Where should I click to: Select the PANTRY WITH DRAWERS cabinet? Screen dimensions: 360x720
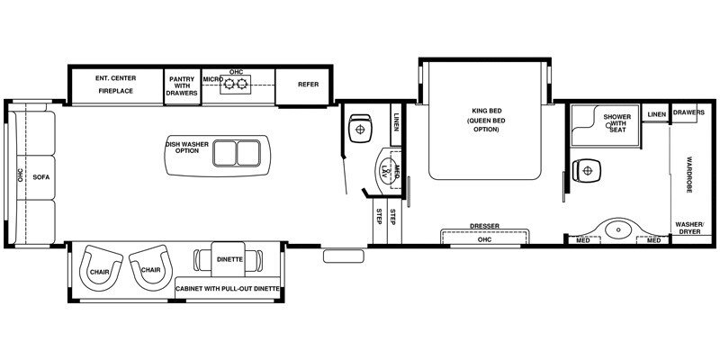tap(182, 85)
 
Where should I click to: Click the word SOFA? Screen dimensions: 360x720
tap(40, 177)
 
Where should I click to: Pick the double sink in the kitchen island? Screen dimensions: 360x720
tap(235, 154)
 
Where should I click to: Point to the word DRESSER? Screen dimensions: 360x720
tap(484, 227)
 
